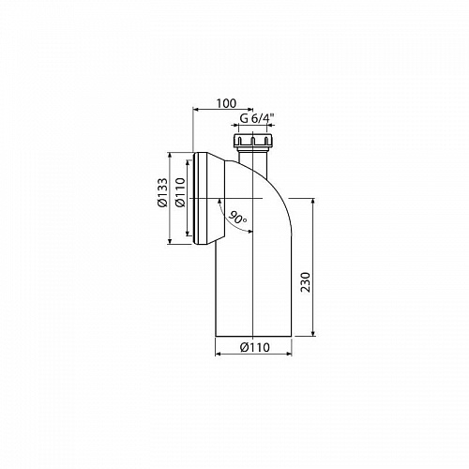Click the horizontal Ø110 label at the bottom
click(x=256, y=346)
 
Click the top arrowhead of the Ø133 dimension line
click(x=170, y=153)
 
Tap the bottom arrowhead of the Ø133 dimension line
click(x=170, y=243)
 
